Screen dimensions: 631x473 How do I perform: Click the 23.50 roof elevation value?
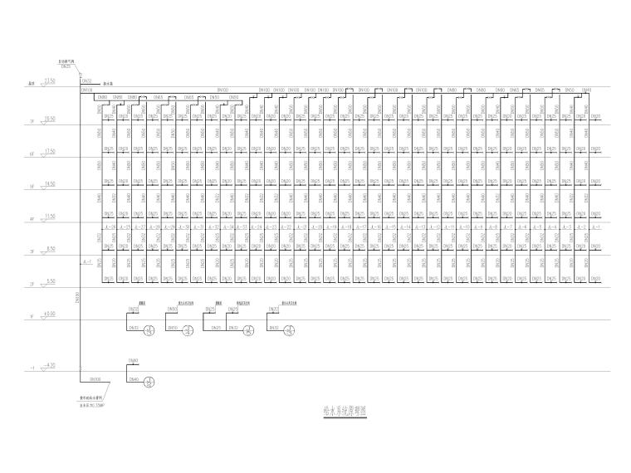click(x=49, y=80)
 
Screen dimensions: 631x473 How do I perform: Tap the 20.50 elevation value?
click(x=49, y=119)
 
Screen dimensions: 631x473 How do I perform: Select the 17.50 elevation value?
click(x=49, y=150)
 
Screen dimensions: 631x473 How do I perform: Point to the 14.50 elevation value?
click(x=49, y=183)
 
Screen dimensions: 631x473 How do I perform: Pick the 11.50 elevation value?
click(x=49, y=215)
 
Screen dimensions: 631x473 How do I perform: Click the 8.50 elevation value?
click(x=49, y=247)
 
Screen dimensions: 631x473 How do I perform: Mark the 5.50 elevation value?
click(x=49, y=280)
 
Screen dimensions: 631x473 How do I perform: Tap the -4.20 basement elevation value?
click(x=48, y=364)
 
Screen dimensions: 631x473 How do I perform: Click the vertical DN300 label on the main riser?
click(x=76, y=297)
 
